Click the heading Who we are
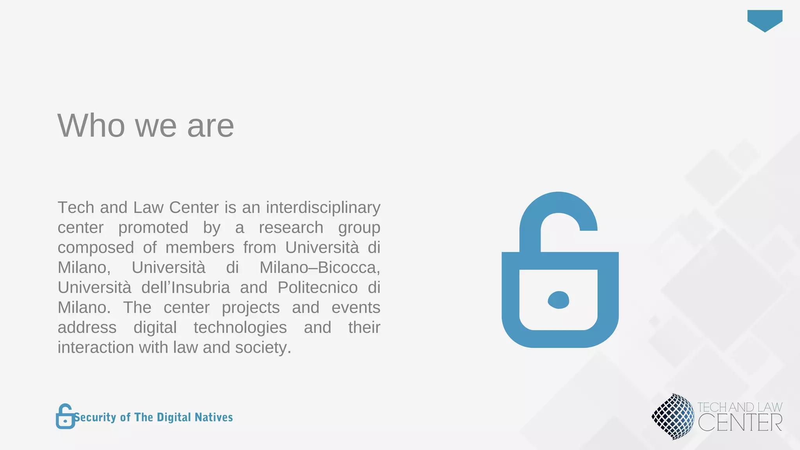146,125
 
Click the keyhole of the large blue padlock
558,300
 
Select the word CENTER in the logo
740,423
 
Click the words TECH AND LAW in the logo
739,407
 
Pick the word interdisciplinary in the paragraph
323,207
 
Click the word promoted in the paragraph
153,227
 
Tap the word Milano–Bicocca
320,268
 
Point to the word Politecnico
318,287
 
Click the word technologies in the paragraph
240,327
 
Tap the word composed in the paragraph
96,248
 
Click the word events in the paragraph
355,307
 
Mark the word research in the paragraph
291,227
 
